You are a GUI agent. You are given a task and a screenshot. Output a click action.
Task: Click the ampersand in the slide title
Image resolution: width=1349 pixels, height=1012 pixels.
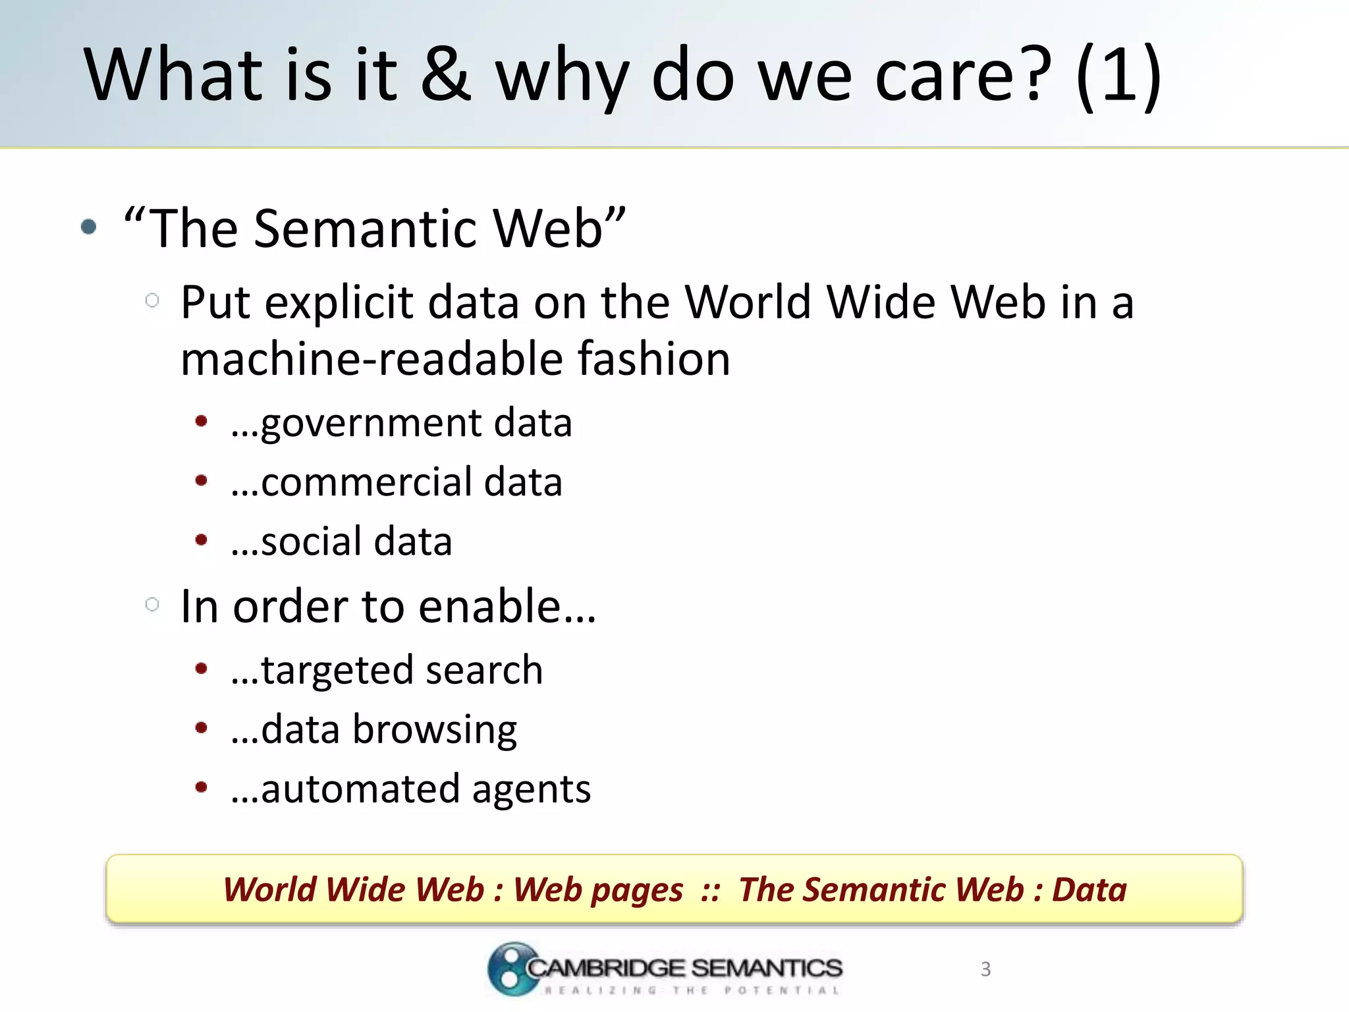tap(446, 74)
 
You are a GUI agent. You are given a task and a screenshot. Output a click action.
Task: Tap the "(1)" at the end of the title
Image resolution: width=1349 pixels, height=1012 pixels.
tap(1118, 74)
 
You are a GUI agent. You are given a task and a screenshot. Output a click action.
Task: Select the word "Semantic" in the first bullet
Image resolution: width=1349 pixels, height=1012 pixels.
tap(365, 228)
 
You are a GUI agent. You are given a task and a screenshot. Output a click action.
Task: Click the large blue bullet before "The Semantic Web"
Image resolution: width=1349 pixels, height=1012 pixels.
tap(88, 227)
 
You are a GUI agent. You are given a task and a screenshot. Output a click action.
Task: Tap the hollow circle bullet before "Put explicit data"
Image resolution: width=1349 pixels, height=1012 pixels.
tap(152, 300)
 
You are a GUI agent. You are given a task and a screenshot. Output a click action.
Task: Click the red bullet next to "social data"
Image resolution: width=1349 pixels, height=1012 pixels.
tap(202, 540)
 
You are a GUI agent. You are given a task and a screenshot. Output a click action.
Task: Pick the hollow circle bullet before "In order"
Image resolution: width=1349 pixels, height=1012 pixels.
tap(152, 604)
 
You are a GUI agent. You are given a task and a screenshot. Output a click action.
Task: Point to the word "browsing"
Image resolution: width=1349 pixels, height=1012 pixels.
tap(435, 730)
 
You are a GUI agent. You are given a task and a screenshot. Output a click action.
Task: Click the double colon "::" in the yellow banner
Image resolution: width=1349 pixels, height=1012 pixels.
tap(710, 890)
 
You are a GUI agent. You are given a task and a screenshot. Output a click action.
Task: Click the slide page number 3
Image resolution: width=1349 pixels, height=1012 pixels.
tap(985, 969)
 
